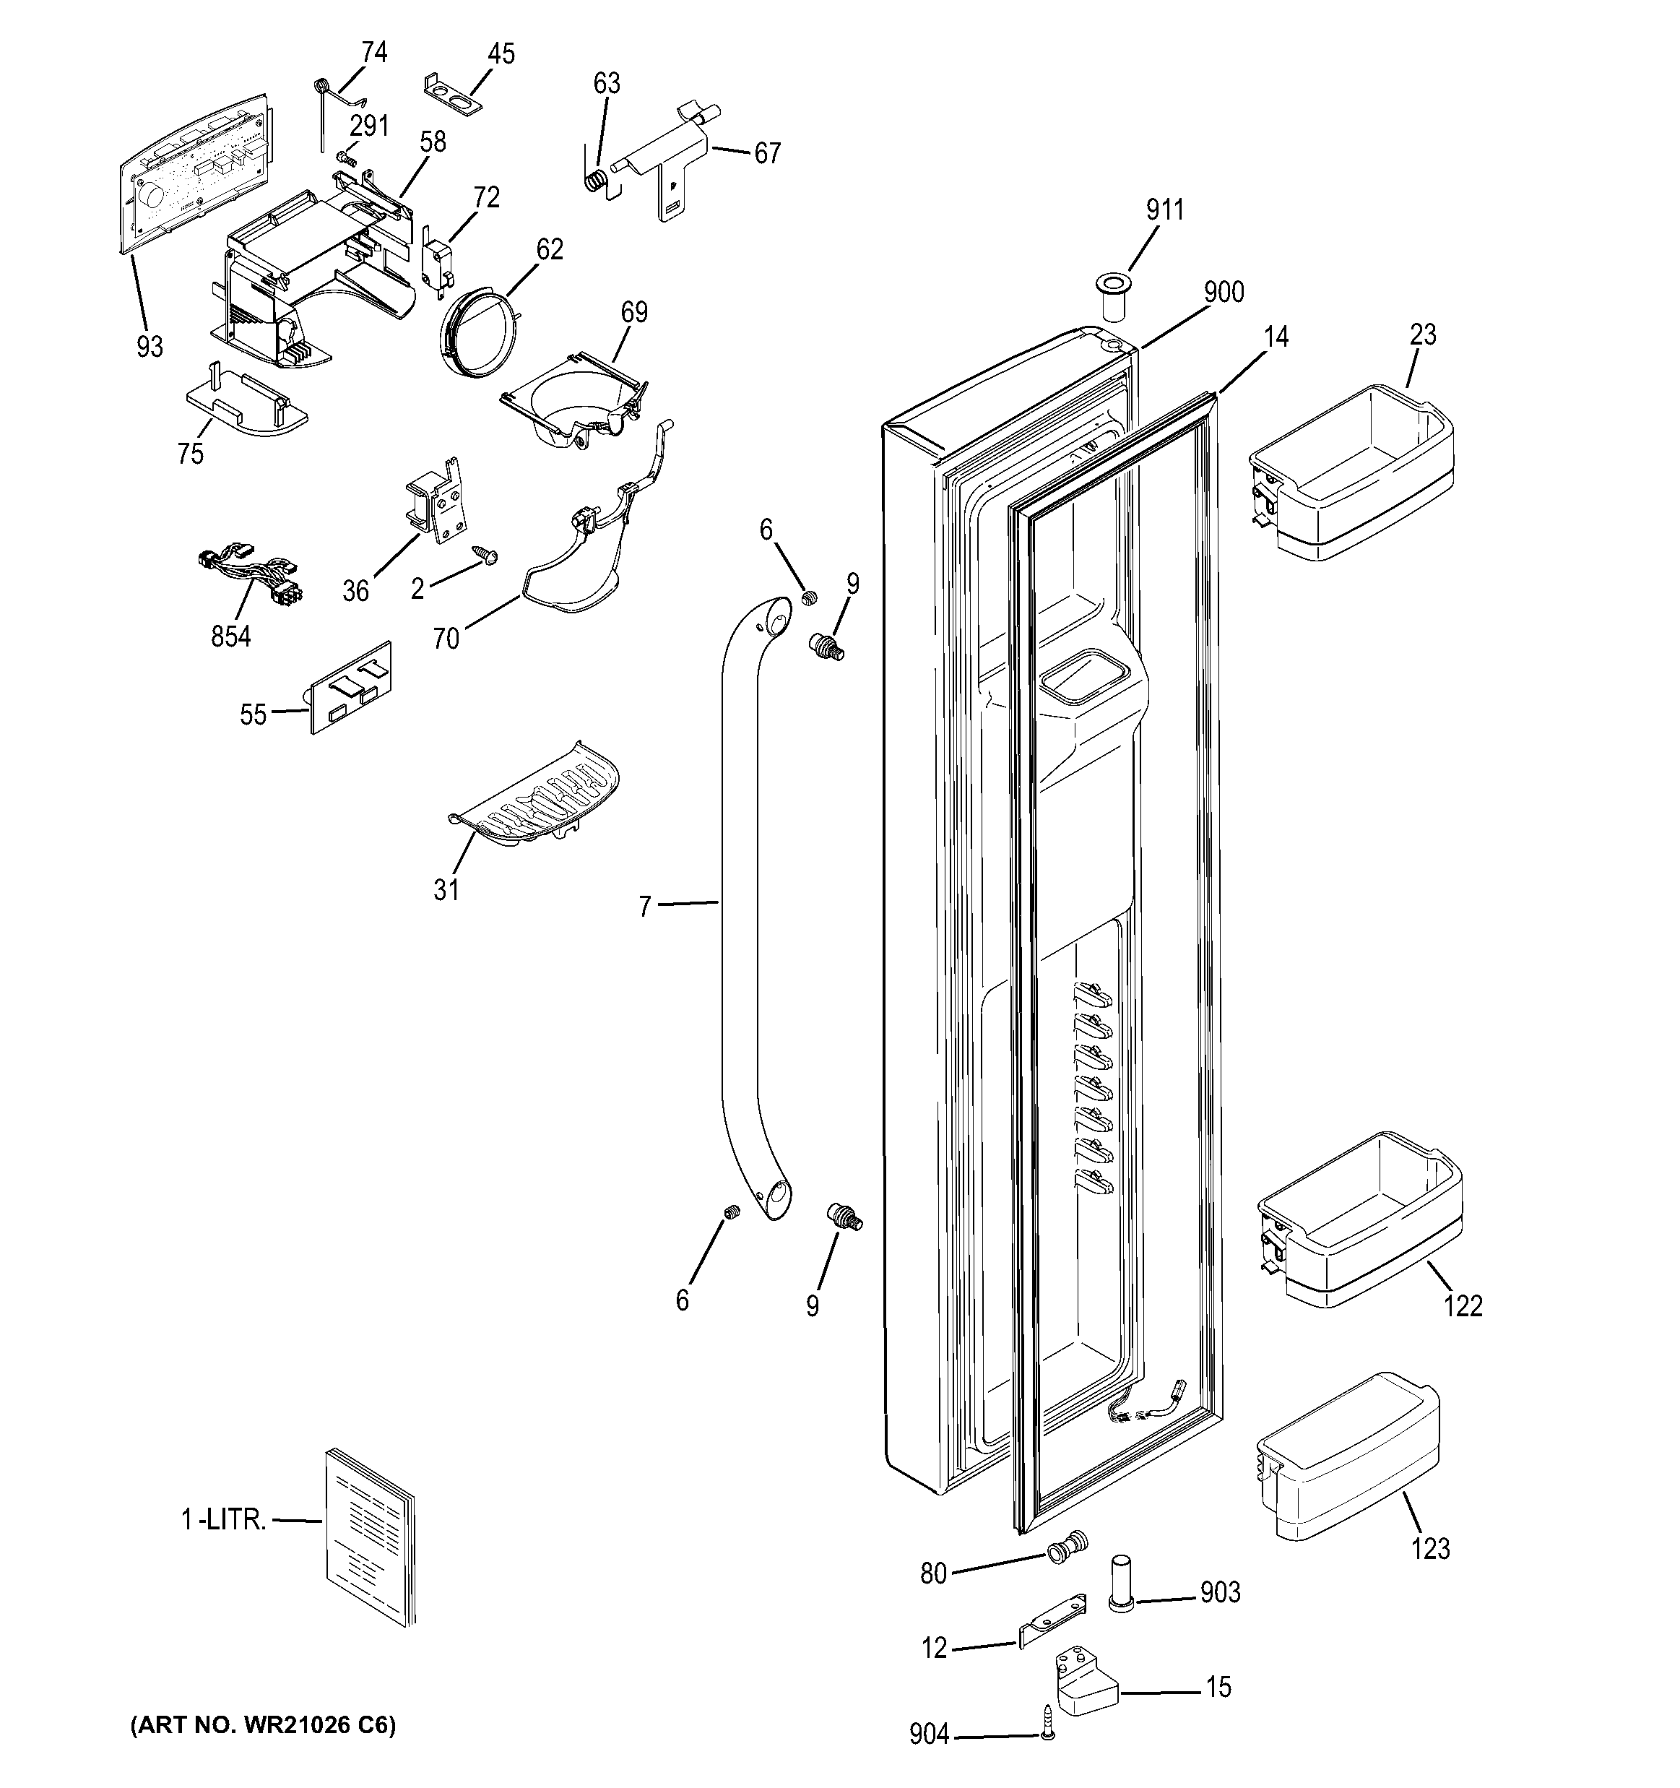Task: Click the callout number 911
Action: tap(1165, 210)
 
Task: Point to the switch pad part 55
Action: tap(351, 688)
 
